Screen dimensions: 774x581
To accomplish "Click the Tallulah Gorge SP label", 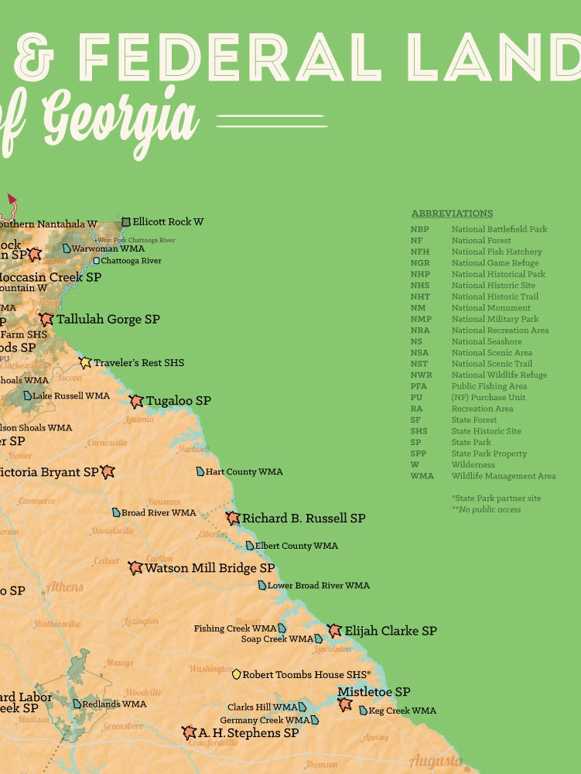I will point(108,319).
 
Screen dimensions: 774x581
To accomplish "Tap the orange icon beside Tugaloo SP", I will point(137,402).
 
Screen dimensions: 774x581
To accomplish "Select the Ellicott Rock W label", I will point(168,222).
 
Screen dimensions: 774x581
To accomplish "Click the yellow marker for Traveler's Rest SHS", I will point(85,362).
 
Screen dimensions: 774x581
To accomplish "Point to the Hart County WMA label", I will point(244,471).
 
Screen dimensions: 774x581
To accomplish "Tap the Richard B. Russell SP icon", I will point(233,519).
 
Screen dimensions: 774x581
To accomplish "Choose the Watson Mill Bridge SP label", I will point(210,568).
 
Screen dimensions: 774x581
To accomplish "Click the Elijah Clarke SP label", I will point(390,631).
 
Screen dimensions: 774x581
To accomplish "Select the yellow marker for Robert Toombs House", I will point(236,675).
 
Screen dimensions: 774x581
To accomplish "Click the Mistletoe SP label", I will point(374,692).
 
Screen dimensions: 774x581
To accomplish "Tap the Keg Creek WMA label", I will point(402,711).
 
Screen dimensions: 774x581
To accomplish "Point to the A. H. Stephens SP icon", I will point(189,732).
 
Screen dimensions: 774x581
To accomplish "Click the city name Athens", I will point(64,587).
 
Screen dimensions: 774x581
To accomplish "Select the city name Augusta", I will point(436,760).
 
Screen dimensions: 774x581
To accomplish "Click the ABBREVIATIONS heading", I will point(452,214).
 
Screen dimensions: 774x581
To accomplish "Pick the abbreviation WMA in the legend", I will point(422,476).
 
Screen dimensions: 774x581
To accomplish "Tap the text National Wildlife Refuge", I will point(499,375).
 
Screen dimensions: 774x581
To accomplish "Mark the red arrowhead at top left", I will point(12,199).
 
